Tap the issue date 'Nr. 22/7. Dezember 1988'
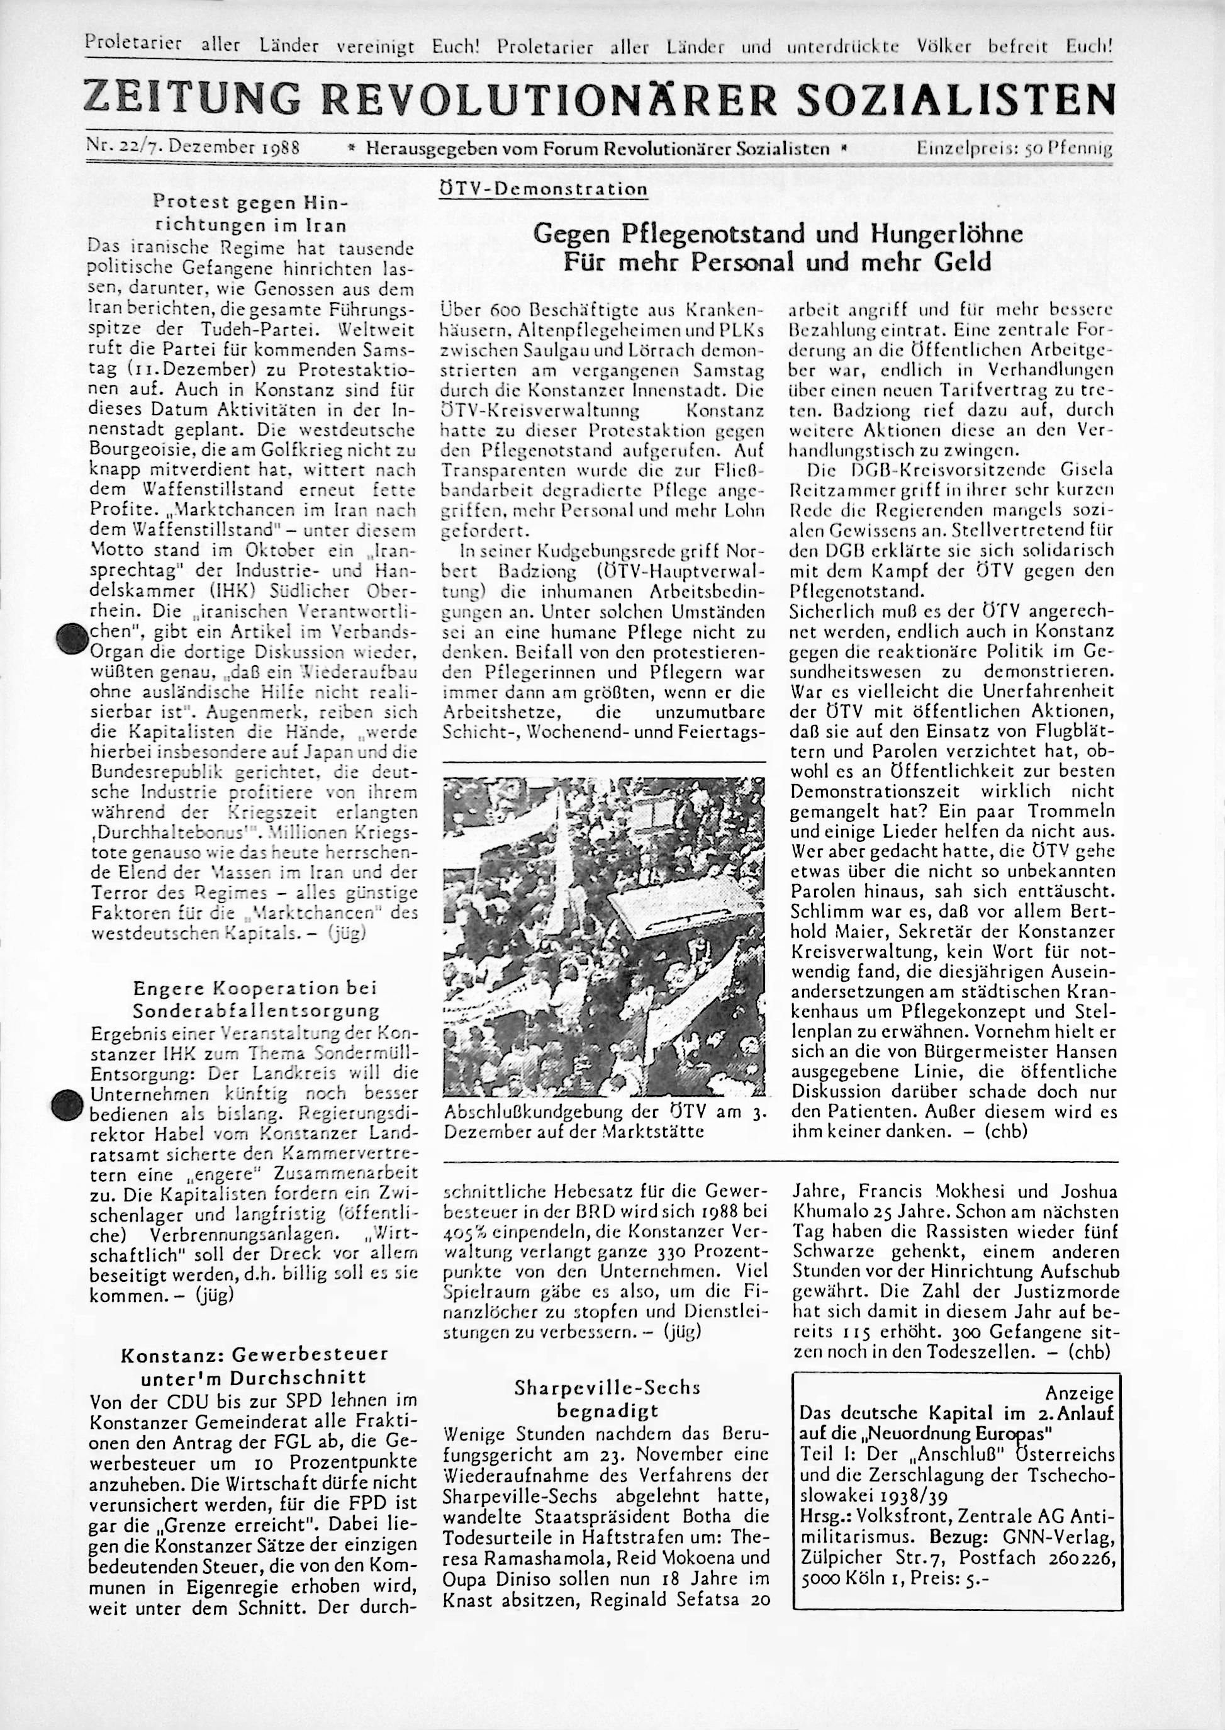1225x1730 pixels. [194, 148]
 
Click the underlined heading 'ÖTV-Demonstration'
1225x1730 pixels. [542, 189]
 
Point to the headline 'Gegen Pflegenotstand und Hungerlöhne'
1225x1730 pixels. [777, 235]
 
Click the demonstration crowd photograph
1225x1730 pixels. [604, 936]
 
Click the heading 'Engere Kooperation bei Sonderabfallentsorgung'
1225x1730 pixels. [254, 998]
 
